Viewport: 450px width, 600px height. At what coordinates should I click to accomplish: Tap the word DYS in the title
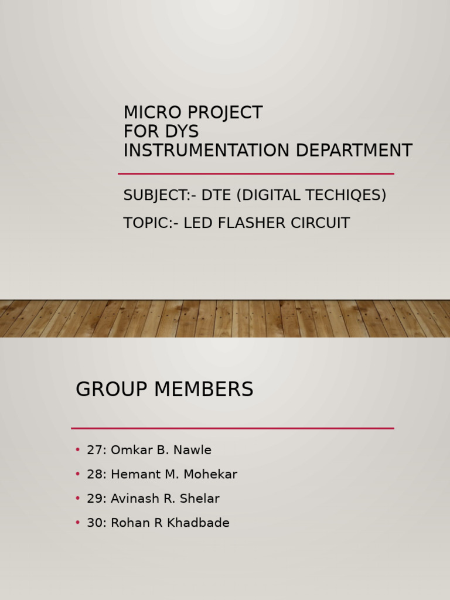(x=182, y=131)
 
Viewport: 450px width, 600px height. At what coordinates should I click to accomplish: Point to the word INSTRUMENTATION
(x=206, y=150)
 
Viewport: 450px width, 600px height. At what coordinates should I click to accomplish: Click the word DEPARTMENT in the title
(x=354, y=150)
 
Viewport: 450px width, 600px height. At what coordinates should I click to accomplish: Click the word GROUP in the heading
(x=111, y=389)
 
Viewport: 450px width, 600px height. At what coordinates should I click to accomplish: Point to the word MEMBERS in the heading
(x=203, y=389)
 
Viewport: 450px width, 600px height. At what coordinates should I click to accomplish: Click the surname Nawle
(x=192, y=450)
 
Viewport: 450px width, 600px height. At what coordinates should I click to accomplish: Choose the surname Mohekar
(x=210, y=475)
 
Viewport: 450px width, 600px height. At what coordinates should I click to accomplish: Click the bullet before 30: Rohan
(x=78, y=522)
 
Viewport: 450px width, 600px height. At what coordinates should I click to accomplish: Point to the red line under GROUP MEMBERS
(x=233, y=428)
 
